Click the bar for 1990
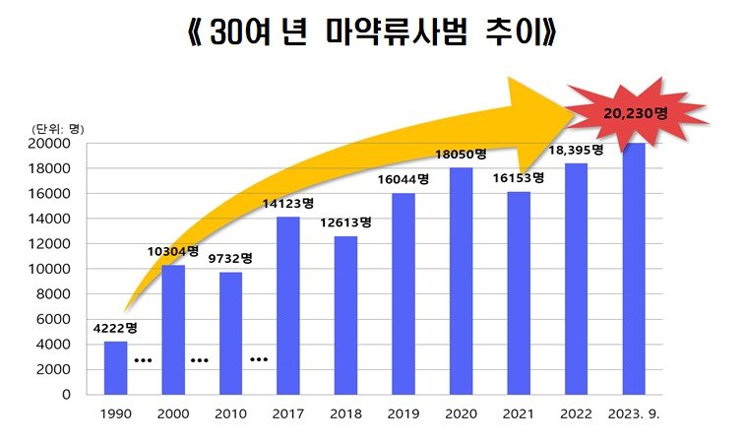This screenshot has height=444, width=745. (115, 367)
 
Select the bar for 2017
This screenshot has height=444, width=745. (287, 305)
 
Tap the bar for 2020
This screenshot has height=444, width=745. (461, 281)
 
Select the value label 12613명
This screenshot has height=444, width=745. (345, 222)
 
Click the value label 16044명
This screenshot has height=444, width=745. (403, 179)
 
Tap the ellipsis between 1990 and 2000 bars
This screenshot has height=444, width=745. (144, 360)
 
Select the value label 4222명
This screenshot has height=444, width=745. (115, 328)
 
